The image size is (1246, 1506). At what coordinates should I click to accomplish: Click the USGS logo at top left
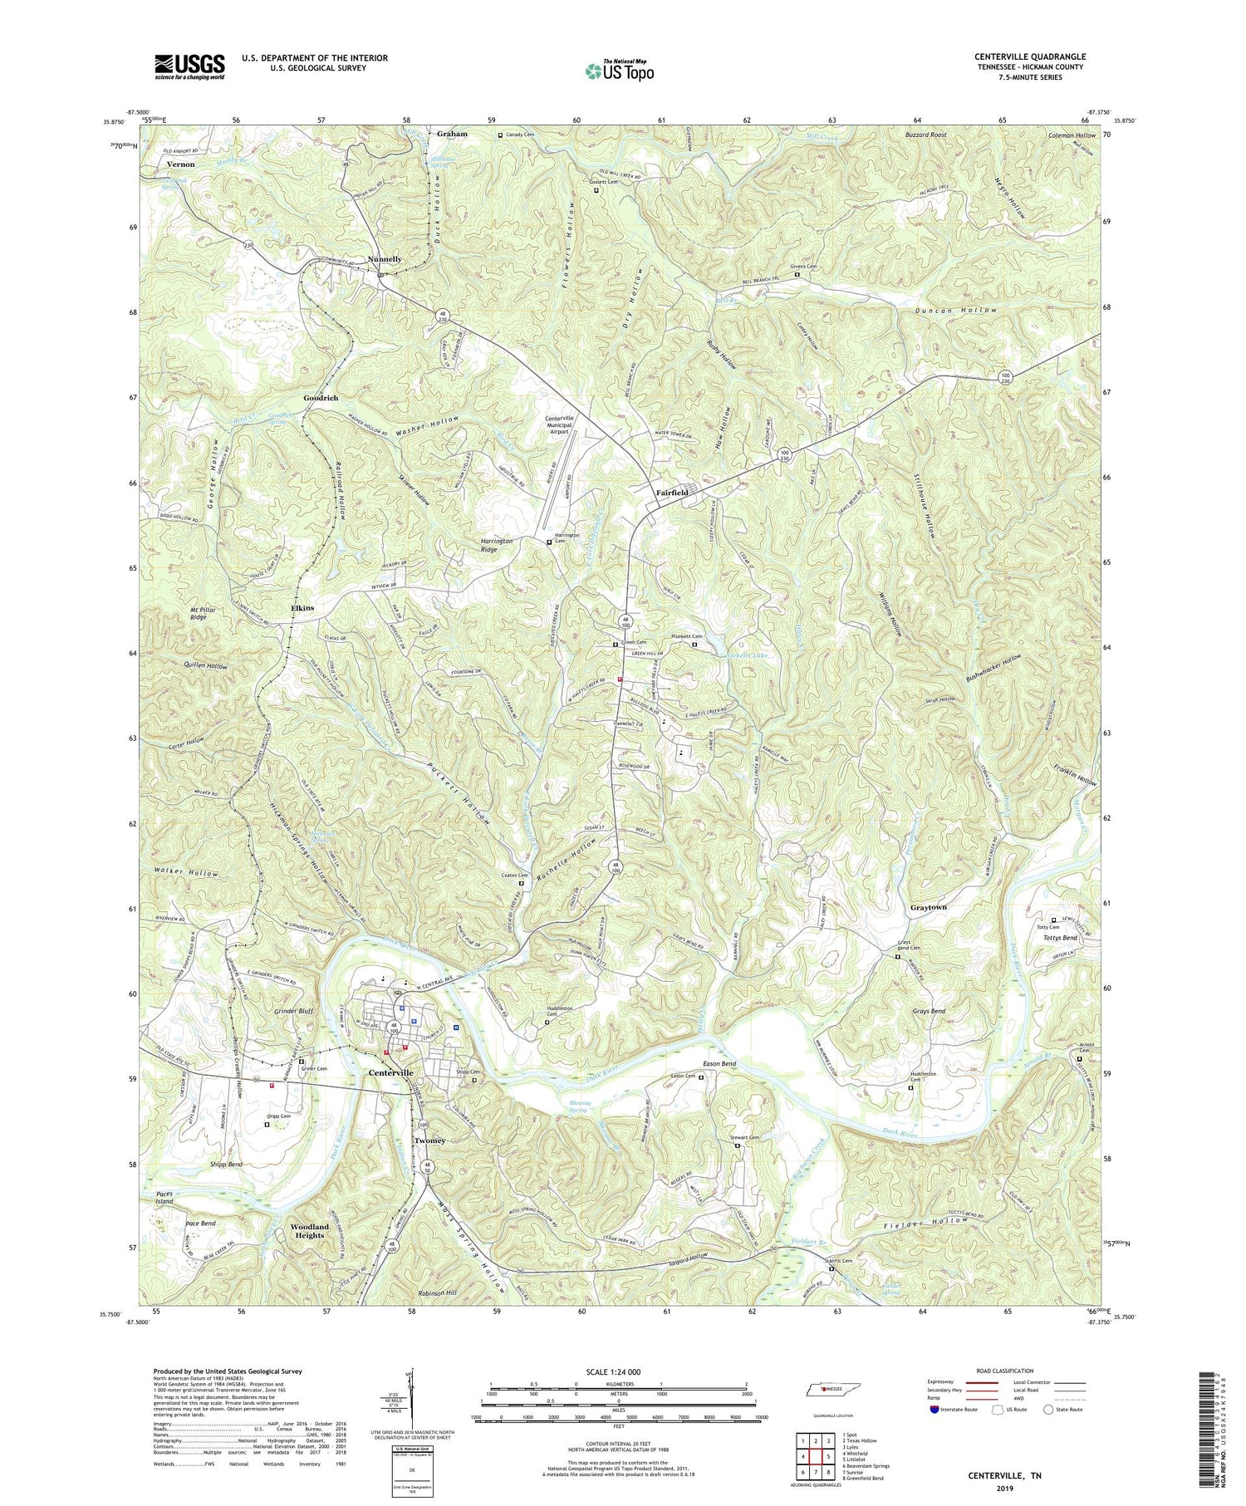point(189,66)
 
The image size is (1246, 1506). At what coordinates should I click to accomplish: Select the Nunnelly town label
point(380,259)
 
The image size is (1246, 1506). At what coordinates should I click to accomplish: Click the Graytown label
point(928,907)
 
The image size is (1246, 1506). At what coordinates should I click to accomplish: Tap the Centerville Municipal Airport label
point(567,424)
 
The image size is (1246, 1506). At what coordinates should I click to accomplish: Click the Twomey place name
point(426,1141)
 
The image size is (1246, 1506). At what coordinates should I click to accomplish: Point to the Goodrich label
point(321,398)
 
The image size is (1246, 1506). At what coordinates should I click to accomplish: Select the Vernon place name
point(180,164)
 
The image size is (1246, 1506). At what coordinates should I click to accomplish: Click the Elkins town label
point(302,608)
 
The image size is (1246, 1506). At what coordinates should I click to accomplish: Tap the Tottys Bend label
point(1059,938)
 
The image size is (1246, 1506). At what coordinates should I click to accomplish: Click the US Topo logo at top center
point(619,71)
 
